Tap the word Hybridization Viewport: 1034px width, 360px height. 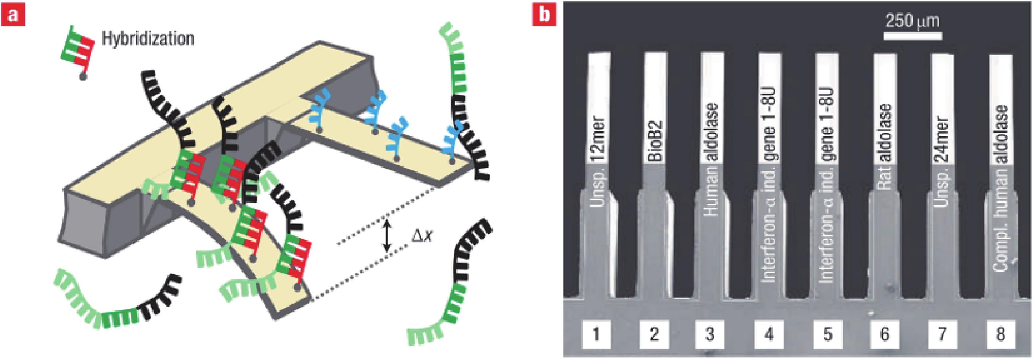pyautogui.click(x=148, y=39)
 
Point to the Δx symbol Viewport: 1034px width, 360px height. pyautogui.click(x=422, y=236)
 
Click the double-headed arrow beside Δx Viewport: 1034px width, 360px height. pyautogui.click(x=386, y=236)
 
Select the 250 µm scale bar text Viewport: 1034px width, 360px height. pyautogui.click(x=912, y=21)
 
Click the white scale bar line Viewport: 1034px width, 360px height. pyautogui.click(x=912, y=36)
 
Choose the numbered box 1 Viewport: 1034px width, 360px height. pyautogui.click(x=596, y=334)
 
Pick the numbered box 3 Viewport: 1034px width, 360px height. pyautogui.click(x=710, y=334)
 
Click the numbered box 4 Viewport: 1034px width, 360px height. pyautogui.click(x=769, y=334)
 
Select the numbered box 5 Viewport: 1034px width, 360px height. pyautogui.click(x=827, y=334)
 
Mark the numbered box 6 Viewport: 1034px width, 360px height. pyautogui.click(x=885, y=334)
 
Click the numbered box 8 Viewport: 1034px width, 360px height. pyautogui.click(x=1000, y=334)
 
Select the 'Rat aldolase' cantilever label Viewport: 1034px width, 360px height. pyautogui.click(x=885, y=146)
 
